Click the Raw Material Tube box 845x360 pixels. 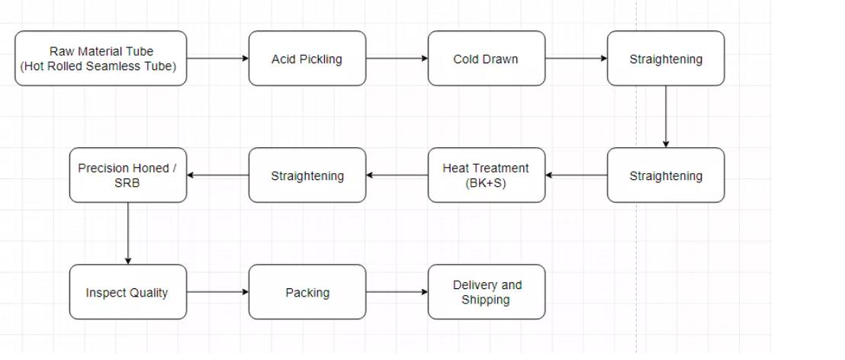pos(101,58)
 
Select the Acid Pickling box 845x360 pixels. pos(307,59)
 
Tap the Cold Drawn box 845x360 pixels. pos(487,59)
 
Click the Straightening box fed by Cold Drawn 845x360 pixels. pos(666,59)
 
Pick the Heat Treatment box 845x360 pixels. pos(487,175)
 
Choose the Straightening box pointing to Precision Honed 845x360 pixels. pos(307,175)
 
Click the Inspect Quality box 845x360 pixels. pos(127,292)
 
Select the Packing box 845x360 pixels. pos(307,292)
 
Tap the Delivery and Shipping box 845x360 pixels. pos(487,292)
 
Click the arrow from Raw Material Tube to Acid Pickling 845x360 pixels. pos(217,58)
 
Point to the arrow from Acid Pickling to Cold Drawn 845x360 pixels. pos(397,58)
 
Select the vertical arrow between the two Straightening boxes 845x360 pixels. pos(666,116)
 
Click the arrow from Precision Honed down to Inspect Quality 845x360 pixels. pos(127,233)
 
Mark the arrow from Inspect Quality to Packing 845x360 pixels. pos(217,292)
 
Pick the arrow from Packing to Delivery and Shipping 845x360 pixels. pos(397,292)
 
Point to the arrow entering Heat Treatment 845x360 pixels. pos(577,175)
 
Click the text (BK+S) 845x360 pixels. pos(486,183)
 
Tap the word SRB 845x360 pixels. pos(127,183)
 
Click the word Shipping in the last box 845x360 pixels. pos(486,300)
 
